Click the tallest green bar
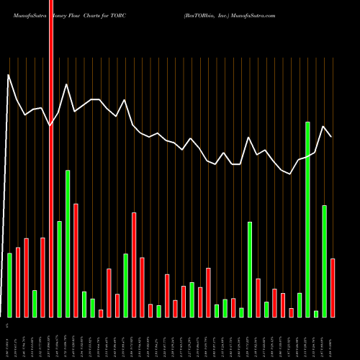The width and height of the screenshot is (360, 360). coord(307,220)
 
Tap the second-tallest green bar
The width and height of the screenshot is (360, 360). coord(68,243)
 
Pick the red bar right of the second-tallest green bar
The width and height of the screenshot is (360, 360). coord(76,260)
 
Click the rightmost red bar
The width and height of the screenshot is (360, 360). coord(333,287)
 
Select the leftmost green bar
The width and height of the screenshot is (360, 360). coord(9,284)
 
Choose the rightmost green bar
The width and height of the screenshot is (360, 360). coord(325,261)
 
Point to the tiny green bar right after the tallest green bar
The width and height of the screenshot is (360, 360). coord(316,313)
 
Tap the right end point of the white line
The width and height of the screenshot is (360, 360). coord(331,136)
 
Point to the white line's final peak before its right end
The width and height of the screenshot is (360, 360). coord(324,126)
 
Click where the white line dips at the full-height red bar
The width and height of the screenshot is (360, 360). coord(50,125)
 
